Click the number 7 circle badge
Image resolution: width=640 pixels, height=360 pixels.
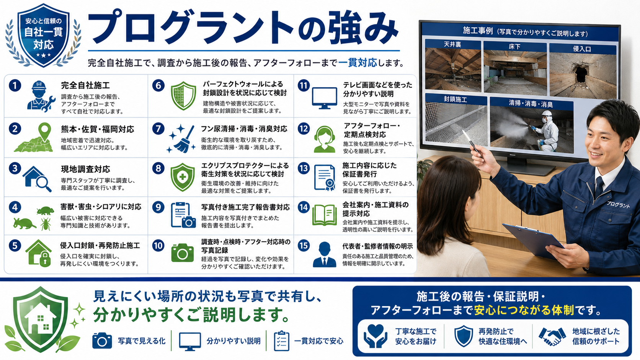158,129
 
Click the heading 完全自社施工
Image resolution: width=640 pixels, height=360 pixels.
85,85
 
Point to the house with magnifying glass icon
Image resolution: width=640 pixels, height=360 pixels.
37,179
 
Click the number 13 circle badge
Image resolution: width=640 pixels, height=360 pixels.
304,168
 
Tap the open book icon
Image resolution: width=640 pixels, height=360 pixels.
324,215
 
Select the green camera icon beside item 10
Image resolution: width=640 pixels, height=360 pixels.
182,252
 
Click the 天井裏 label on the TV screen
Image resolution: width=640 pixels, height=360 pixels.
452,44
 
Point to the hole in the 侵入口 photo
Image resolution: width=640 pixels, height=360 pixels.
581,74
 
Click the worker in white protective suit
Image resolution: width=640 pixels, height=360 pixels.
546,131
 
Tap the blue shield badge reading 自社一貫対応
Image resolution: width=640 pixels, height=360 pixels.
43,35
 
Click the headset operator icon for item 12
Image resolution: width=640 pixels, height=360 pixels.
324,139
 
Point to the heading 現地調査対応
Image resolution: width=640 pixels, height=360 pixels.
85,169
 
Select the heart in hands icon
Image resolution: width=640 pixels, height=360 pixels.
375,336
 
